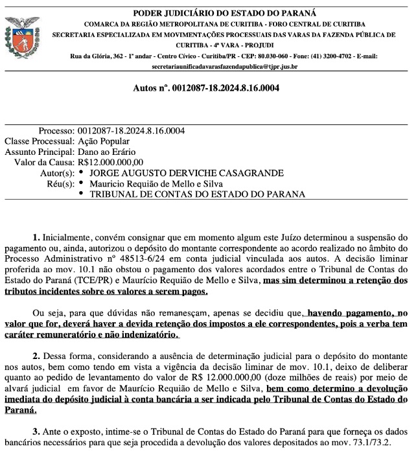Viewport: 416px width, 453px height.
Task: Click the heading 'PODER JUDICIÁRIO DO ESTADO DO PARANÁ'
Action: click(x=224, y=13)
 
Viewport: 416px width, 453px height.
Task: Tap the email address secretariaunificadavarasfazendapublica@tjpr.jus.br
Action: click(x=224, y=66)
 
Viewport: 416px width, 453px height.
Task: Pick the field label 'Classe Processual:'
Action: click(x=39, y=141)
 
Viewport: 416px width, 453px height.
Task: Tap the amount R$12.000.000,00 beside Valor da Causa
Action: click(x=110, y=162)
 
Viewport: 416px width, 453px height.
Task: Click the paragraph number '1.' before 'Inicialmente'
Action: click(x=36, y=237)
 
